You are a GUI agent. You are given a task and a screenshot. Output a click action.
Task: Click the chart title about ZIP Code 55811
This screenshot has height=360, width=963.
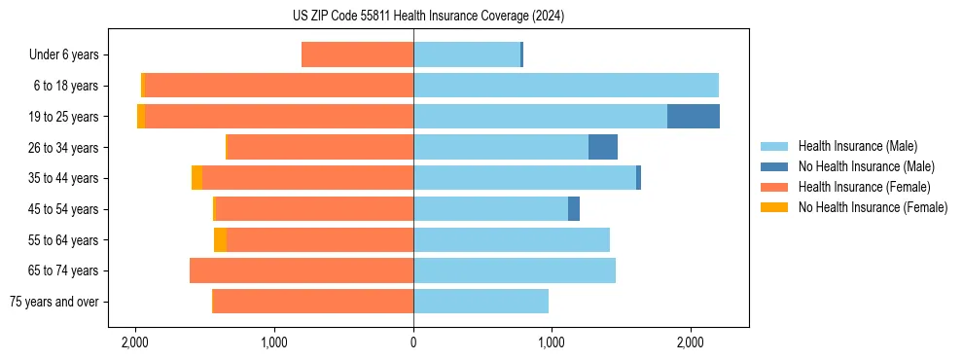point(428,16)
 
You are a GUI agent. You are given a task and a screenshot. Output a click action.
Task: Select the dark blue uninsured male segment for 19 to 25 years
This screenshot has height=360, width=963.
point(694,117)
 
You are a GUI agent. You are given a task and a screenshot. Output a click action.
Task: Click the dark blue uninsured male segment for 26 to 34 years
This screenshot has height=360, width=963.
point(603,147)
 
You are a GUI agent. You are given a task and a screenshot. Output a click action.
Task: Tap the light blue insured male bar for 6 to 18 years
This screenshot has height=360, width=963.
point(566,86)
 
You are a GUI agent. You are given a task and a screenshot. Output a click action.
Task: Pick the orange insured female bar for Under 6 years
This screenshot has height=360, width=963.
point(357,54)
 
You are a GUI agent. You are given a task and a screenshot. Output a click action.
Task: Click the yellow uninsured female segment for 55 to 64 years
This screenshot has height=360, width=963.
point(220,239)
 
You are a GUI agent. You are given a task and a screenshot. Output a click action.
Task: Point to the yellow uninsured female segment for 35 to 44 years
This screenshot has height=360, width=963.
point(196,178)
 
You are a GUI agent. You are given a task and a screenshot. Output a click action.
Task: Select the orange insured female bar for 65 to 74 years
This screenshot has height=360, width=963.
point(302,270)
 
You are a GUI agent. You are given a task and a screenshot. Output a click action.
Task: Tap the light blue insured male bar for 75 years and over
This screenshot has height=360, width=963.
point(481,302)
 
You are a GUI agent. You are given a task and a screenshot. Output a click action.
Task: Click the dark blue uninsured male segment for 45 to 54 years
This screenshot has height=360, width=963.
point(574,208)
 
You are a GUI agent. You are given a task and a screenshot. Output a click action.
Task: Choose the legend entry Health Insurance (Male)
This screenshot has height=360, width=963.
point(857,146)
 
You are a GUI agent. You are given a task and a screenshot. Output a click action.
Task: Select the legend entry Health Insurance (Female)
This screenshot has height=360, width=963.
point(864,187)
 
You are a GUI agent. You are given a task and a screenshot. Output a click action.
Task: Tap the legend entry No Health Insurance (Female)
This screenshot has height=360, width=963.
point(873,207)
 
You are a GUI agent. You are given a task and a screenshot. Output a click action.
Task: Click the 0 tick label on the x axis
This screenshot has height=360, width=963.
point(413,342)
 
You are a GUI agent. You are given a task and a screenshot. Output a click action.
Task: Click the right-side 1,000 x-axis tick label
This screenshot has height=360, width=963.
point(552,342)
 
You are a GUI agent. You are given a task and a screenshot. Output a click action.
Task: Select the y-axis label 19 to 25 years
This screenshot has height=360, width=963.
point(64,117)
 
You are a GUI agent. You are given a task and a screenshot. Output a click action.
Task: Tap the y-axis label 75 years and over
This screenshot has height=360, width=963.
point(53,302)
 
